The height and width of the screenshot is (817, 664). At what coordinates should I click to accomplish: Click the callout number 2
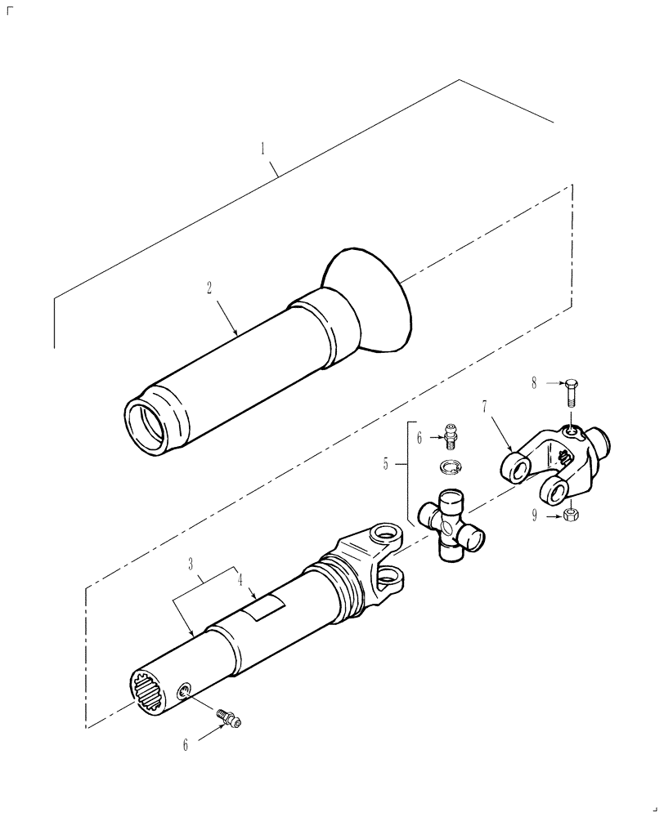[x=209, y=288]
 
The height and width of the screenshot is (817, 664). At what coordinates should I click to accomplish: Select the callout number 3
[x=190, y=565]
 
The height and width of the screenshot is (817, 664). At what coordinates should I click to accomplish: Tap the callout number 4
[x=240, y=581]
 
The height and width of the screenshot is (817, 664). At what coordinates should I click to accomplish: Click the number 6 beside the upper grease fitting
[x=420, y=438]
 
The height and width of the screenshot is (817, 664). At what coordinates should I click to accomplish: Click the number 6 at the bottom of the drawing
[x=185, y=744]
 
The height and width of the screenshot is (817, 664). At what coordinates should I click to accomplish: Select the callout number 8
[x=533, y=382]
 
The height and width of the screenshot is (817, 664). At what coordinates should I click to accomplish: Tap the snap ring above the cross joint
[x=448, y=468]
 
